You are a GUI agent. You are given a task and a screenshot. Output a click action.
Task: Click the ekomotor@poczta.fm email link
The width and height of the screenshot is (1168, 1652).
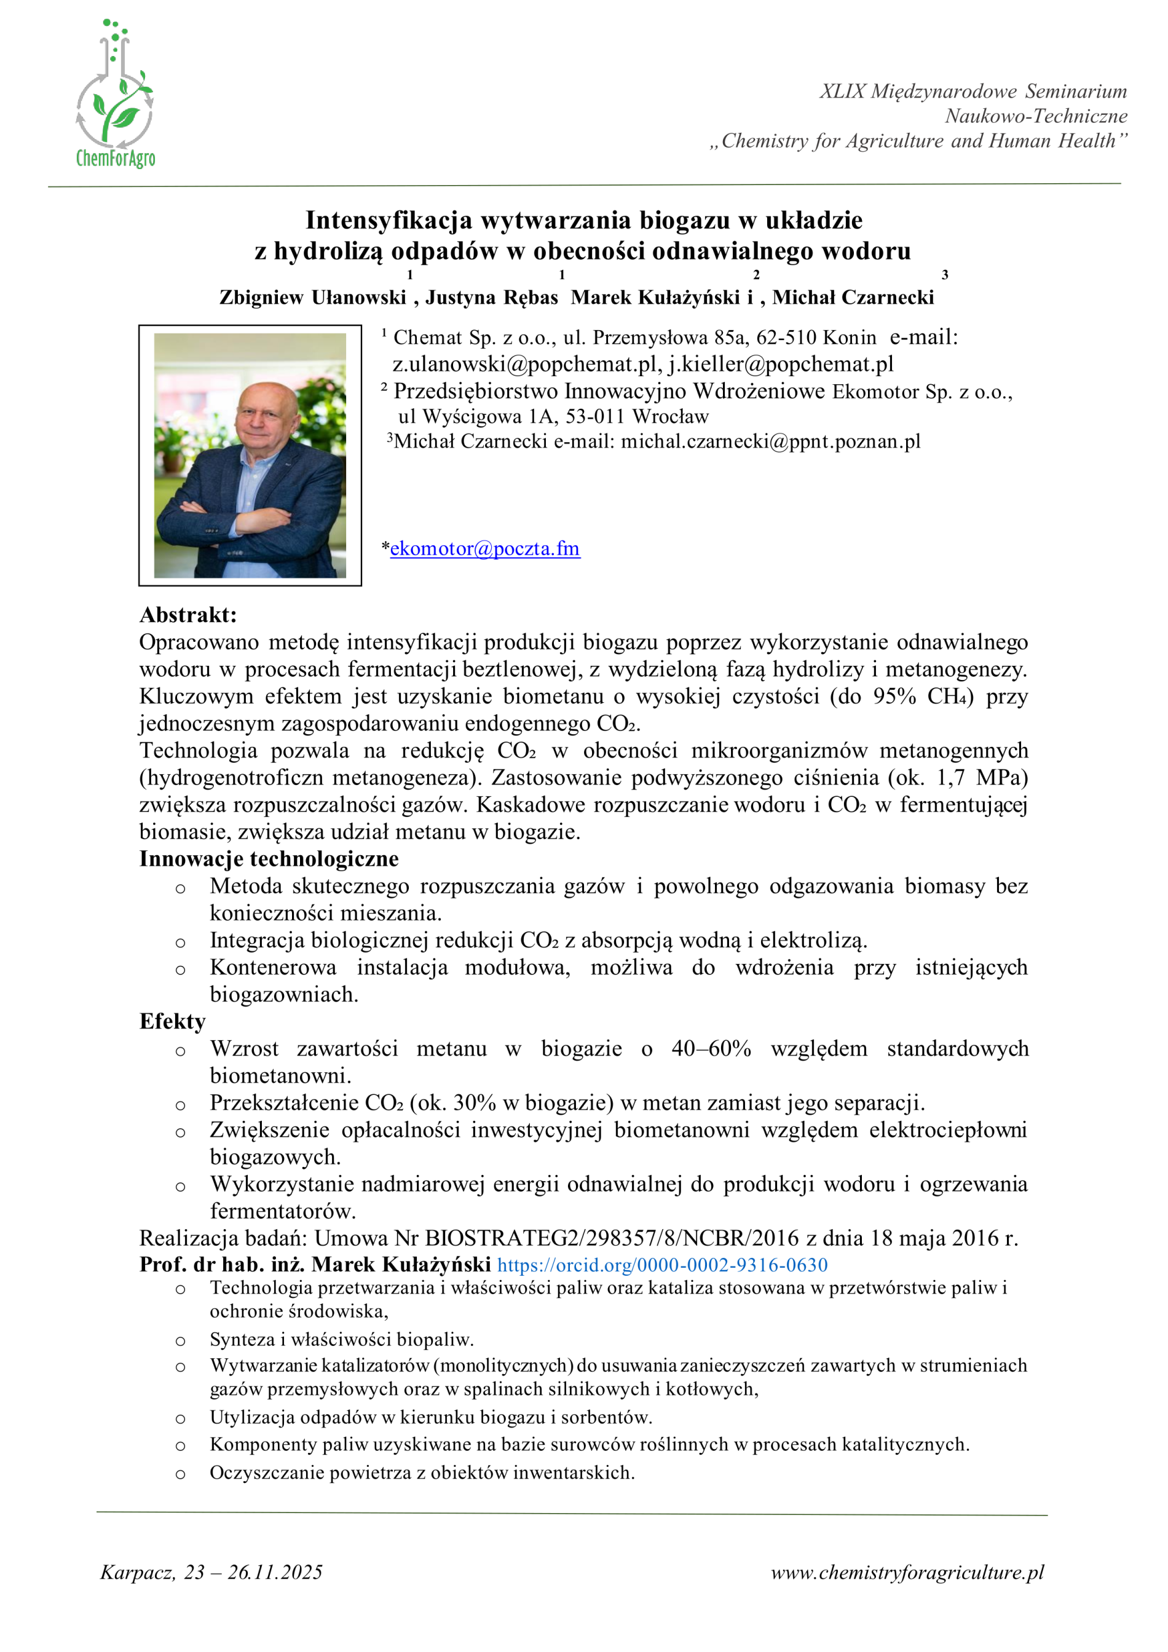click(x=485, y=548)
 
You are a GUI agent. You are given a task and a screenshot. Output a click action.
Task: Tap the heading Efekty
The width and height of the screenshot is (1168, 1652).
click(x=172, y=1022)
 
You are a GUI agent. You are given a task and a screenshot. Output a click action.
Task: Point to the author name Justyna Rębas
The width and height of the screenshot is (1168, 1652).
click(x=491, y=297)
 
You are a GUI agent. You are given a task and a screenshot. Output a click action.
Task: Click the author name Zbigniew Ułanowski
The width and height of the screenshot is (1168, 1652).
click(x=313, y=297)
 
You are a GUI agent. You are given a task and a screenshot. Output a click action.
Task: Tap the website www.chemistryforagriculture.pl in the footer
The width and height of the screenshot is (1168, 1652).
click(x=907, y=1572)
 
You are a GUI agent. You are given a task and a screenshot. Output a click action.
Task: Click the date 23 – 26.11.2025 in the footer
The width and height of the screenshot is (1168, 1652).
click(x=253, y=1572)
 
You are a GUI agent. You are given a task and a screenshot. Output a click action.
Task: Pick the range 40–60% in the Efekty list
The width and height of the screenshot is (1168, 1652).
click(x=711, y=1048)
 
